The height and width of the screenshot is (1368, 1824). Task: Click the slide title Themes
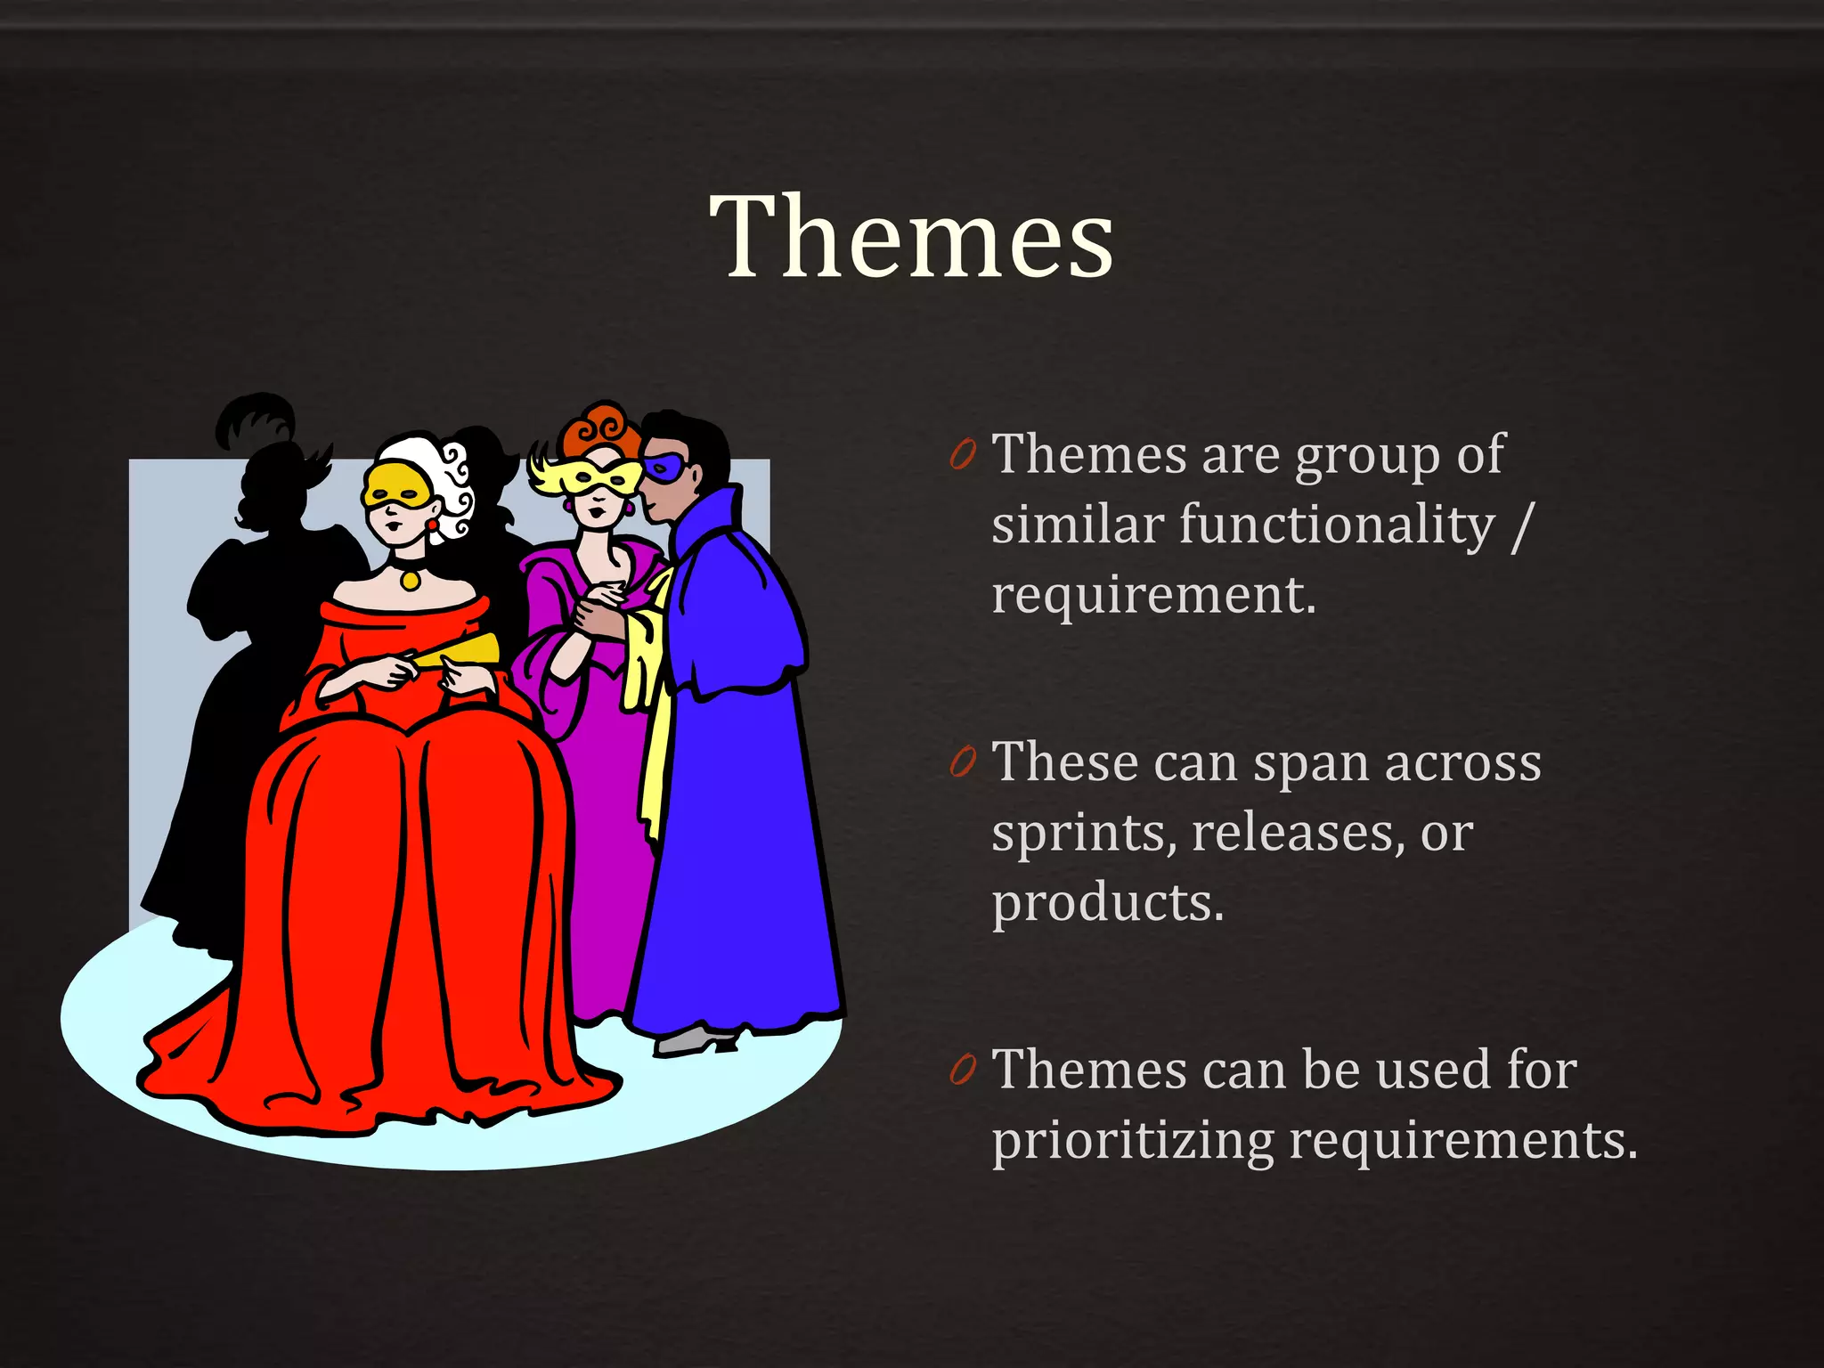pos(911,237)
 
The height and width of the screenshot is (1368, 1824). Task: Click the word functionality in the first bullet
pos(1337,525)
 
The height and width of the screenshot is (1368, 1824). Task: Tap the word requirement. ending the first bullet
pos(1153,595)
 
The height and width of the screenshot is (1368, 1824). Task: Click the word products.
pos(1108,903)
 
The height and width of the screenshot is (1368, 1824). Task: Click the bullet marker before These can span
pos(963,762)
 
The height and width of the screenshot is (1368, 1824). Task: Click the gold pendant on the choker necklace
pos(410,579)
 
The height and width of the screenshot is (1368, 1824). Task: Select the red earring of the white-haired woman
pos(433,525)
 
